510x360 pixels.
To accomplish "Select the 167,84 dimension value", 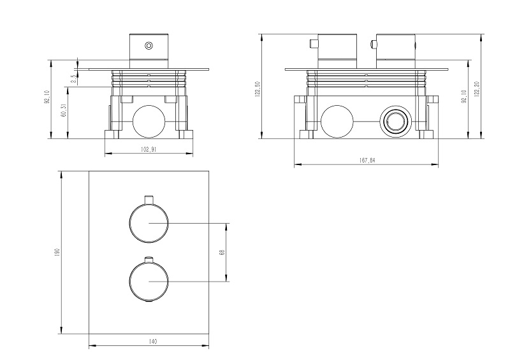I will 368,161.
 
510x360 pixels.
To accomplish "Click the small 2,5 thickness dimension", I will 73,79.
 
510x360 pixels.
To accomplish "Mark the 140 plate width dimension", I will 152,342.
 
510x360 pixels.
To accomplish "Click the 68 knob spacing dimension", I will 222,252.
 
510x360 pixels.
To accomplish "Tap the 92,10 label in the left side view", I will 46,98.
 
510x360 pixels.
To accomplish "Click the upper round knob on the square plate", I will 148,224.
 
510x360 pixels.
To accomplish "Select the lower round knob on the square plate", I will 148,281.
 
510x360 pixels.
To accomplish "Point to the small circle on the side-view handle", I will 149,45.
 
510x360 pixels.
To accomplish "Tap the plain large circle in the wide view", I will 336,121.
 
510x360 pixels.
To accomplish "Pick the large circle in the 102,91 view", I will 148,119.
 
